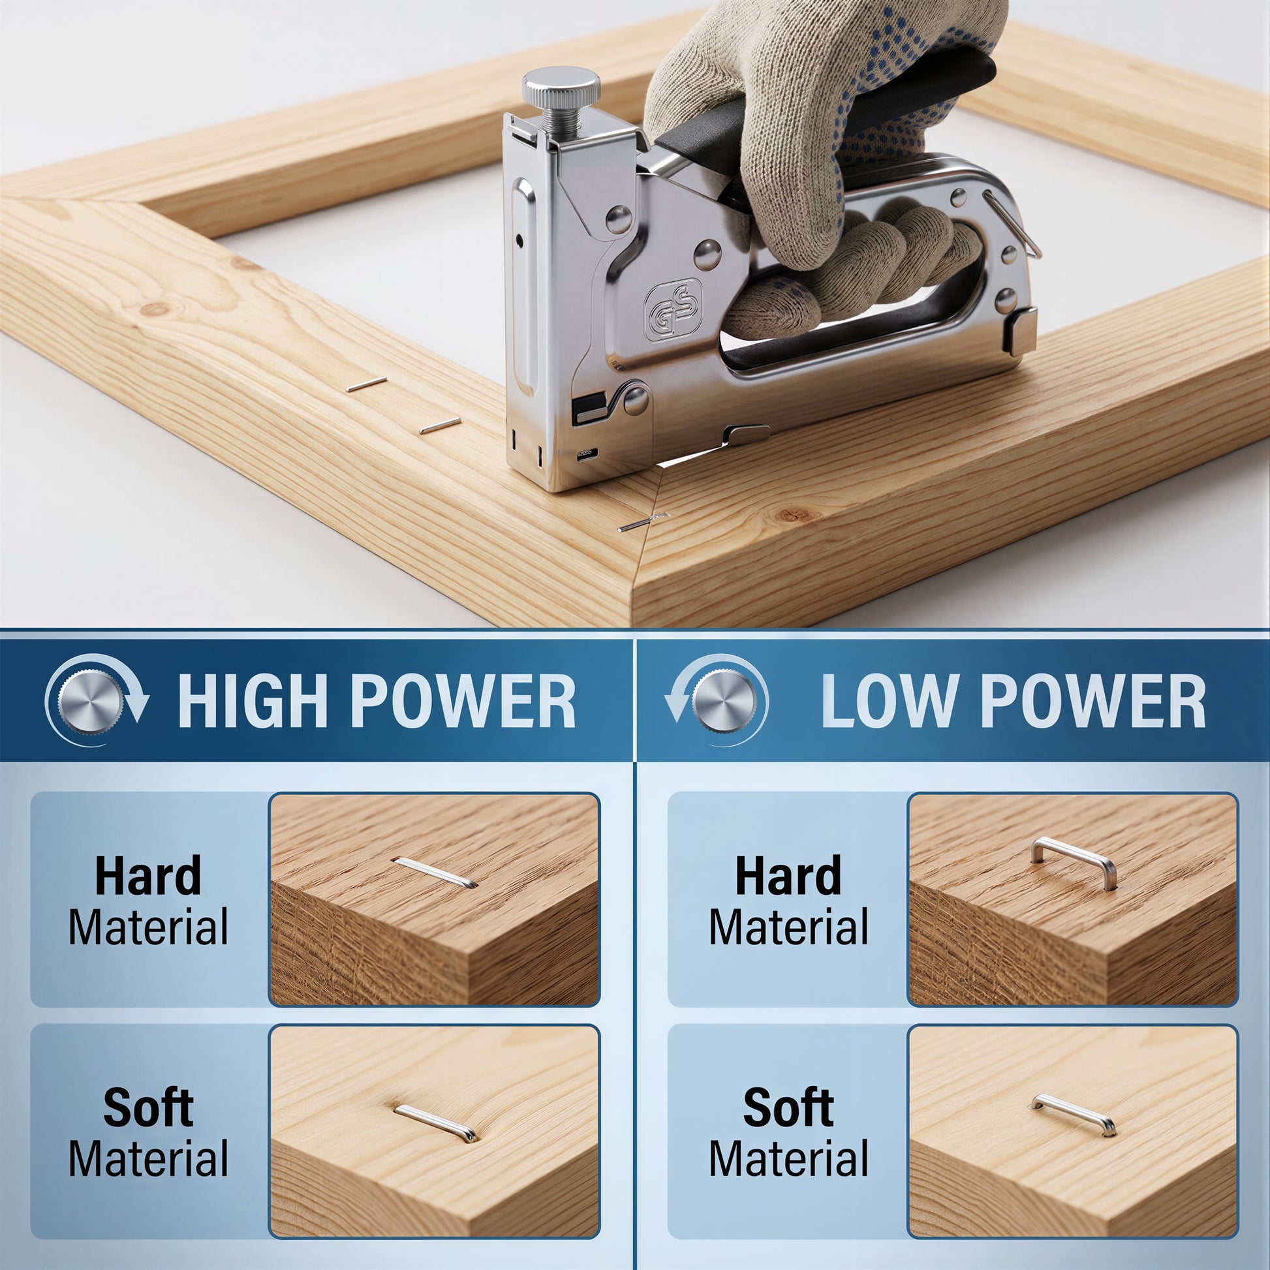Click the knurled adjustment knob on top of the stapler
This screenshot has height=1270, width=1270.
tap(560, 88)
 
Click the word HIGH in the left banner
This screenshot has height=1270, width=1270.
tap(253, 702)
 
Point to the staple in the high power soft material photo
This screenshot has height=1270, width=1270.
tap(436, 1123)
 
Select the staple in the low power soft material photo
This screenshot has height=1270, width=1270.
tap(1073, 1115)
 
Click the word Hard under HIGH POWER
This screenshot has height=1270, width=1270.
tap(148, 876)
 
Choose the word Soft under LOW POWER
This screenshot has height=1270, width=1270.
tap(788, 1107)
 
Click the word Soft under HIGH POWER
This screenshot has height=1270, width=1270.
tap(148, 1107)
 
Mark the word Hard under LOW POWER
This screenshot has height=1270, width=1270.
tap(788, 876)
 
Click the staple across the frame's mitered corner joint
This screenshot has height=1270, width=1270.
tap(643, 522)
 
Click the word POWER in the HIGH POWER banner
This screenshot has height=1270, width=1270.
tap(464, 702)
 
